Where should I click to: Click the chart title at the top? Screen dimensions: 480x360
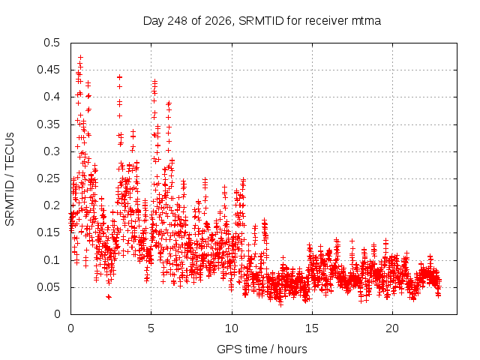click(262, 21)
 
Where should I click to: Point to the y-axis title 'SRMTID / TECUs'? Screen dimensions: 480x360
click(10, 179)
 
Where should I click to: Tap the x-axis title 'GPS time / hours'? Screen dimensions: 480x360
click(262, 349)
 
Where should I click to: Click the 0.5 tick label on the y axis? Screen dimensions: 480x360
click(52, 43)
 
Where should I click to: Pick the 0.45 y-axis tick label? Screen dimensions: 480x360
click(49, 70)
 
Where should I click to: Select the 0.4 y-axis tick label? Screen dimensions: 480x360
click(52, 97)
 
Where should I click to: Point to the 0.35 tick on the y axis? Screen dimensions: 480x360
click(49, 124)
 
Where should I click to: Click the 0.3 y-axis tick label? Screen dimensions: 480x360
click(52, 151)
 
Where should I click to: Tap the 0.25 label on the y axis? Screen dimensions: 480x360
click(49, 178)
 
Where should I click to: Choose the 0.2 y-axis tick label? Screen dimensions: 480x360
click(52, 205)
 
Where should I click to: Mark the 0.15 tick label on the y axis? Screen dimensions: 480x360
click(49, 232)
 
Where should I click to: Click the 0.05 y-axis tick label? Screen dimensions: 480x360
click(49, 287)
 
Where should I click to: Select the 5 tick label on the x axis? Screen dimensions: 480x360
click(151, 328)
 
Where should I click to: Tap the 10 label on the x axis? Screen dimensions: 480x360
click(232, 328)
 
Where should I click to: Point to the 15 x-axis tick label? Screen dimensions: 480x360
click(312, 328)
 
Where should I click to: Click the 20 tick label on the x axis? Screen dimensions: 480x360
click(392, 328)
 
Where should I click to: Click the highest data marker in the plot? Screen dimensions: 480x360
click(80, 57)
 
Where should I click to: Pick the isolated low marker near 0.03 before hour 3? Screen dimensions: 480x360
click(108, 297)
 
